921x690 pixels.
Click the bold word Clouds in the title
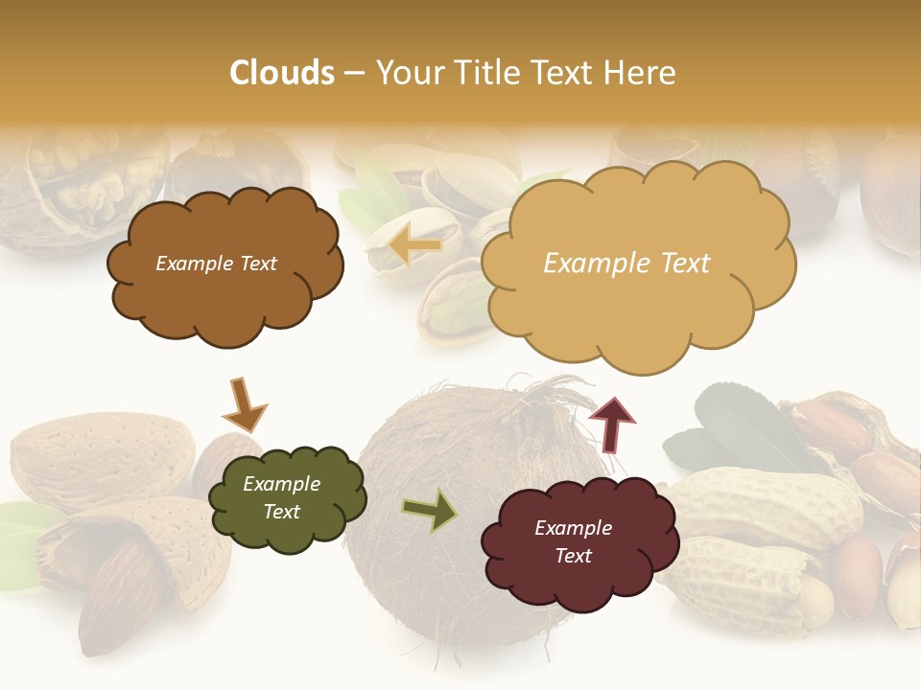click(x=282, y=73)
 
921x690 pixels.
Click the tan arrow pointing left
click(x=415, y=246)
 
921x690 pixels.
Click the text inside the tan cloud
click(x=626, y=264)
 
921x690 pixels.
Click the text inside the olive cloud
click(x=281, y=498)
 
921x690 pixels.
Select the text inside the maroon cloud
click(x=573, y=541)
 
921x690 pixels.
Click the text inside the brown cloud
click(x=216, y=264)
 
